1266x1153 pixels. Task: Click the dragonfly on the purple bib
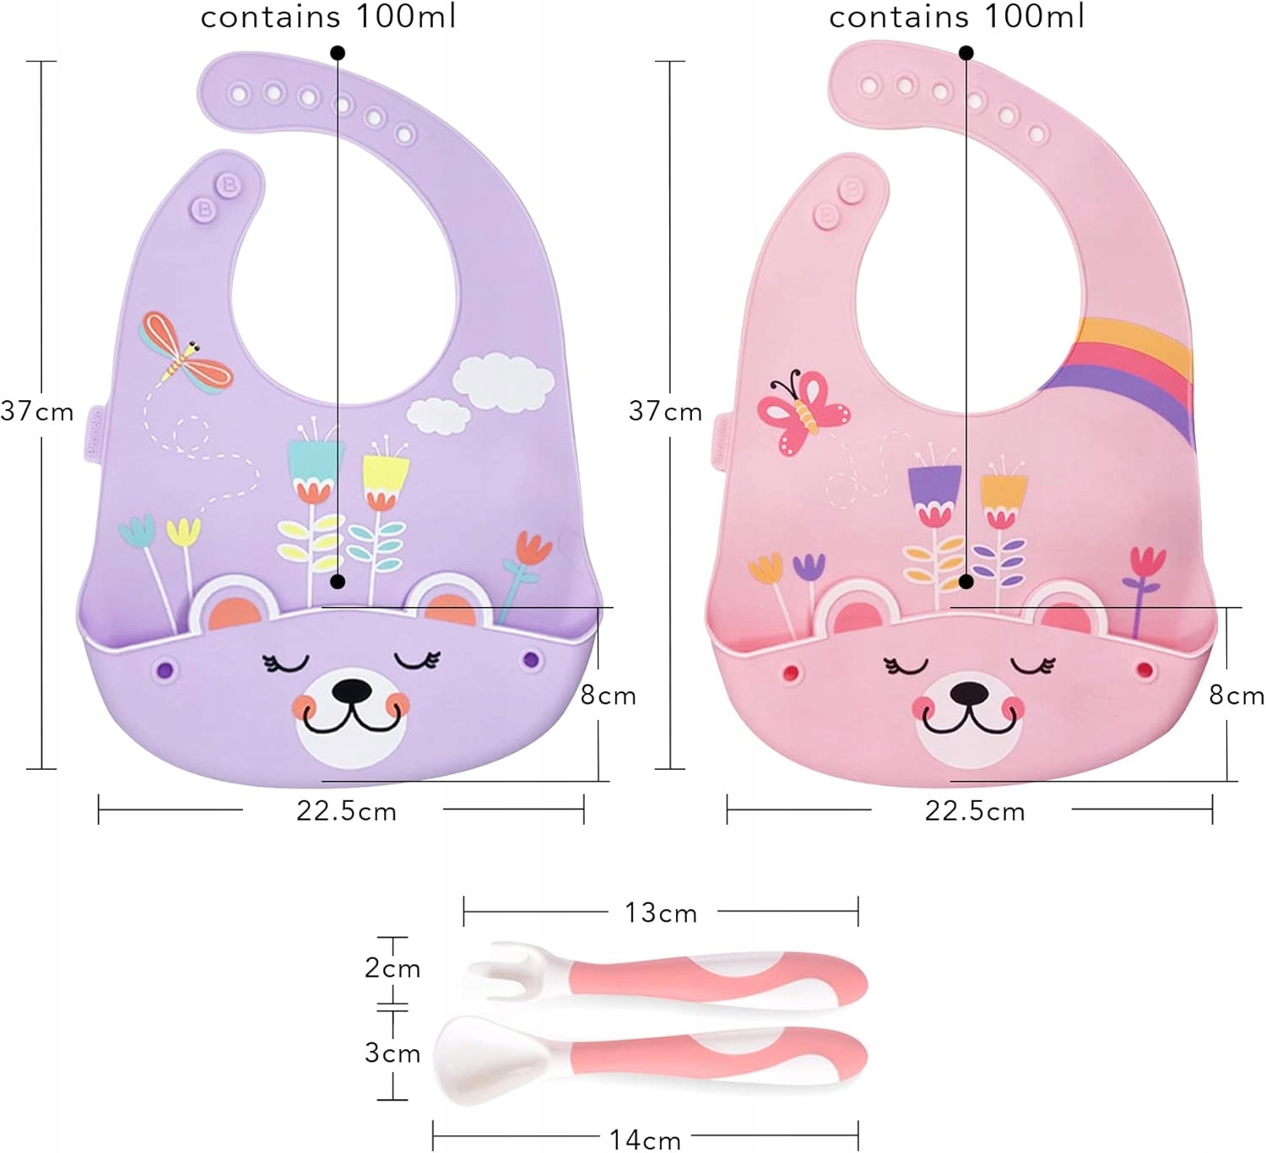click(x=184, y=355)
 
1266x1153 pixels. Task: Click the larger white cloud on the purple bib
click(x=503, y=382)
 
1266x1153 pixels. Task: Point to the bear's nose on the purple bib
click(x=352, y=691)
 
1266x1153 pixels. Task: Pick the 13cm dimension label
click(x=661, y=912)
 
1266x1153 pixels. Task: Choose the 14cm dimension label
click(x=645, y=1139)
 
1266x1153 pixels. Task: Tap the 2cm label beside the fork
click(x=392, y=968)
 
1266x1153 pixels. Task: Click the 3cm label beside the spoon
click(x=392, y=1053)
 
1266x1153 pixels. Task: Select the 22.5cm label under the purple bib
click(x=346, y=811)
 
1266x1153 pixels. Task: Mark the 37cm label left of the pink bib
click(x=665, y=411)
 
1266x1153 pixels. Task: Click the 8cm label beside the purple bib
click(x=608, y=696)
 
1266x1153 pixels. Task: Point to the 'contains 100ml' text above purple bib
click(x=327, y=17)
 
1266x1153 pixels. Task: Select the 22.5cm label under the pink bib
click(x=975, y=811)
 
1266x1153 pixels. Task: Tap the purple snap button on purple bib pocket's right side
click(x=530, y=658)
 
